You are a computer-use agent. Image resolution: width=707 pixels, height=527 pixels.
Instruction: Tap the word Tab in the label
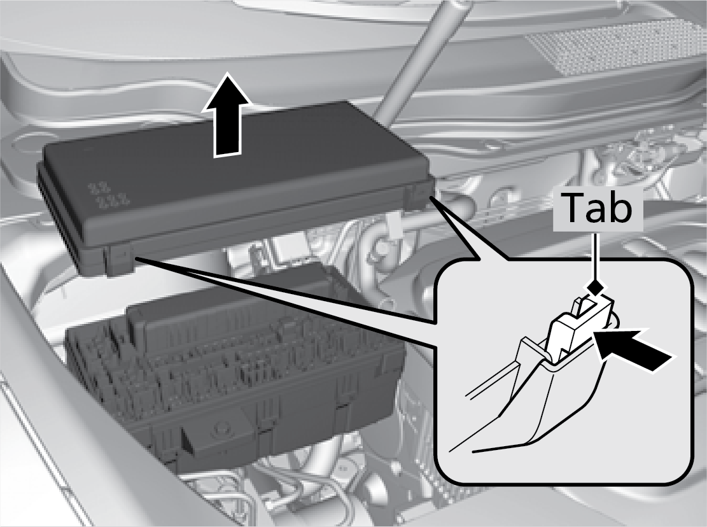coord(596,208)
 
